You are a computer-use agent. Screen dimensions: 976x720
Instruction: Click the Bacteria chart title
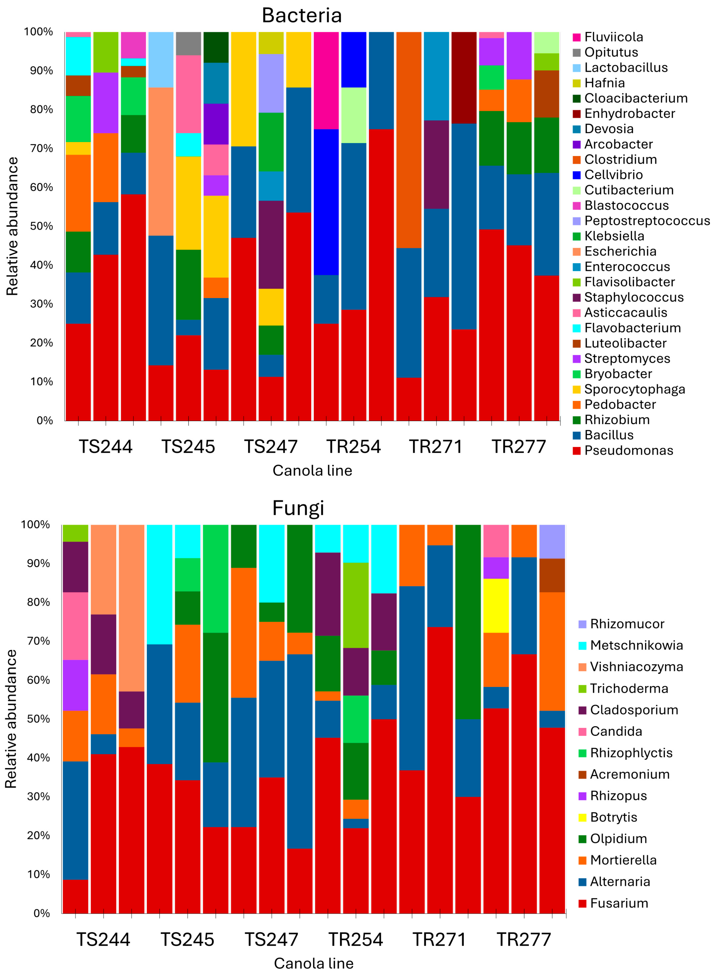[302, 16]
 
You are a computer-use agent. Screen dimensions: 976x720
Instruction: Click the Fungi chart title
[298, 508]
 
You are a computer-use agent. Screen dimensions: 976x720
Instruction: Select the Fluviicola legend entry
[613, 37]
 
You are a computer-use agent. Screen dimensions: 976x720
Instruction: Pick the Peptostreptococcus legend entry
[647, 221]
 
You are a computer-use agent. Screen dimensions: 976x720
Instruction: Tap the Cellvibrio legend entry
[613, 175]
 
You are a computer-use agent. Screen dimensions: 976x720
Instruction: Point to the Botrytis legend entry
[613, 817]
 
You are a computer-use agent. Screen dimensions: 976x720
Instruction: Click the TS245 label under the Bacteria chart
[188, 447]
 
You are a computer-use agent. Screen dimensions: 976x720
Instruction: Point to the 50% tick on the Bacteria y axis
[41, 226]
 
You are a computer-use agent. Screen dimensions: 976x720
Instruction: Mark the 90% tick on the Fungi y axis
[38, 564]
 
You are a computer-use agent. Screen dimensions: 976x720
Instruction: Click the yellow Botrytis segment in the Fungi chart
[496, 606]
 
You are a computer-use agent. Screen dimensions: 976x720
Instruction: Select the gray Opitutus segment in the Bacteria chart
[188, 44]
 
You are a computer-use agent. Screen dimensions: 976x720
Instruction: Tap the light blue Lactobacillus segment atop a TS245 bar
[161, 60]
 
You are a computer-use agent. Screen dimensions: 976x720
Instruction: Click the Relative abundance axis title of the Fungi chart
[11, 719]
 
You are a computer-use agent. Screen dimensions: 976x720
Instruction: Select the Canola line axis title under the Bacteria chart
[312, 471]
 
